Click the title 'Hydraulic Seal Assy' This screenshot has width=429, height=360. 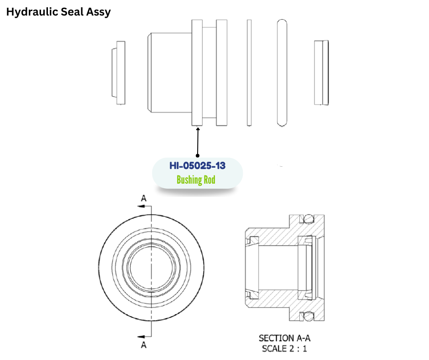(x=58, y=12)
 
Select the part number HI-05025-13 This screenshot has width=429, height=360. (x=197, y=165)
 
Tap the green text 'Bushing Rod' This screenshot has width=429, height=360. (x=196, y=180)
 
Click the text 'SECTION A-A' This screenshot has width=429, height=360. (x=284, y=338)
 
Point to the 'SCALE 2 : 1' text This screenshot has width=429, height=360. (x=284, y=349)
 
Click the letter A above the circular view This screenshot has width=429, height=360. (x=144, y=198)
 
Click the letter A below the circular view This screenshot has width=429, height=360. (x=144, y=345)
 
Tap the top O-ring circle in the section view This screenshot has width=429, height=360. (x=309, y=219)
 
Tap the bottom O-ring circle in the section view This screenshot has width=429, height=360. (x=309, y=316)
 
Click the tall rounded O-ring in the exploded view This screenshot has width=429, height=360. (x=282, y=73)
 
